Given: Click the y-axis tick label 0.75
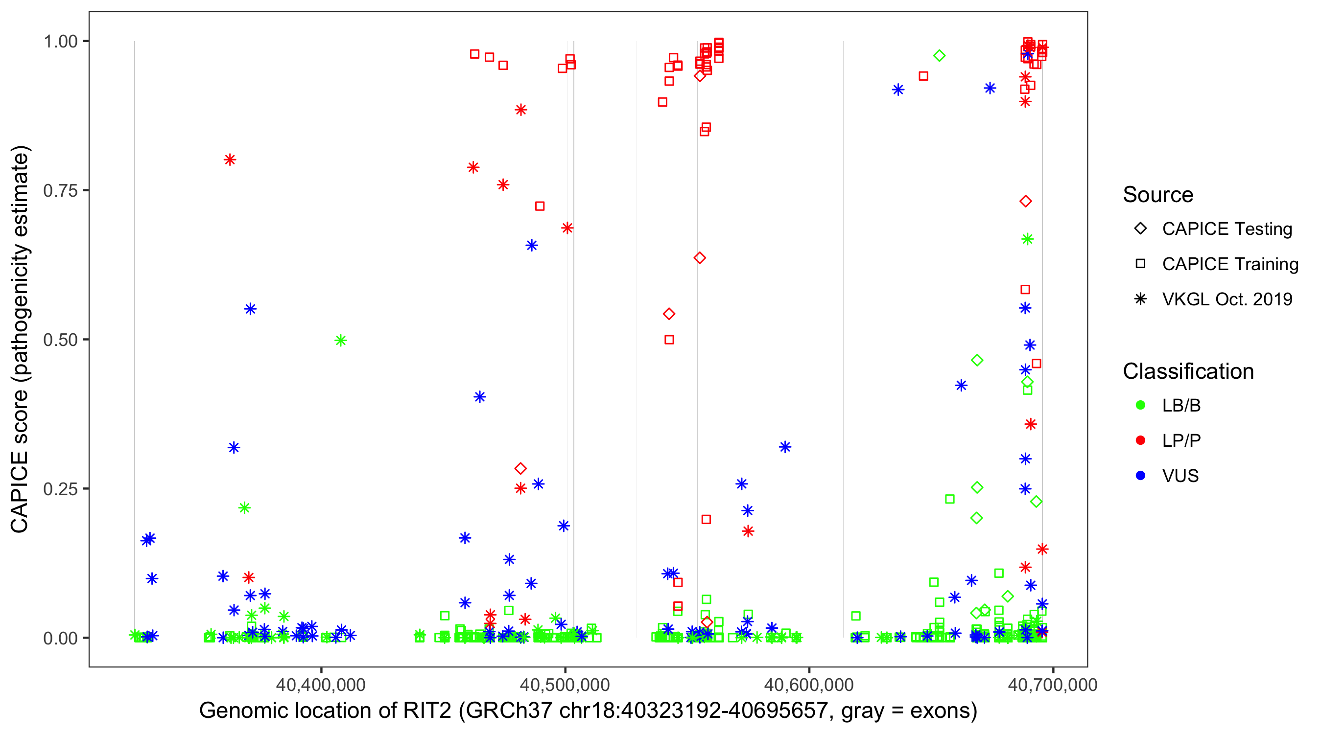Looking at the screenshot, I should point(60,190).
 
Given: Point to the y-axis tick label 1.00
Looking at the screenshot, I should point(60,41).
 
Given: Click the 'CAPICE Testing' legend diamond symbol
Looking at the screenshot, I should point(1140,229).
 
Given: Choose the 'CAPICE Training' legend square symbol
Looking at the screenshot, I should point(1140,264).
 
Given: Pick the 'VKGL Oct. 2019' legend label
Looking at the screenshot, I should point(1227,299).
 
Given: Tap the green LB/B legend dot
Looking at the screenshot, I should point(1140,405).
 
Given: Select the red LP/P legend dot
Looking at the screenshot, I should point(1140,440).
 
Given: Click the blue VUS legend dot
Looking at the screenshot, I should point(1140,476).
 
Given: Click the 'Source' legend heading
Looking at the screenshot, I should point(1158,194).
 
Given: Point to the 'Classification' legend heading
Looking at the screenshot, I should point(1188,371).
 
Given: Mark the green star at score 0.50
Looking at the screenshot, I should point(341,340).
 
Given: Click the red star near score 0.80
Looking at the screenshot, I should point(230,160).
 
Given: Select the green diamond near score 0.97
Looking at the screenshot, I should point(939,55).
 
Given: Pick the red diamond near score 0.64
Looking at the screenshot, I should point(700,257).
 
